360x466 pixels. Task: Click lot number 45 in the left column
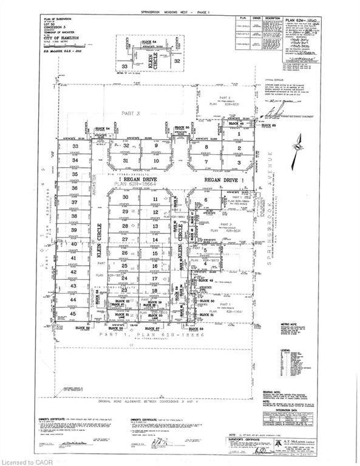[75, 314]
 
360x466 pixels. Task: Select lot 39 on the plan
[75, 231]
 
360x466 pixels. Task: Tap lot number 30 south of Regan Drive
[126, 197]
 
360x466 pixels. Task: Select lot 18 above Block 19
[155, 291]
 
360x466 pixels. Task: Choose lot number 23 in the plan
[125, 291]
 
